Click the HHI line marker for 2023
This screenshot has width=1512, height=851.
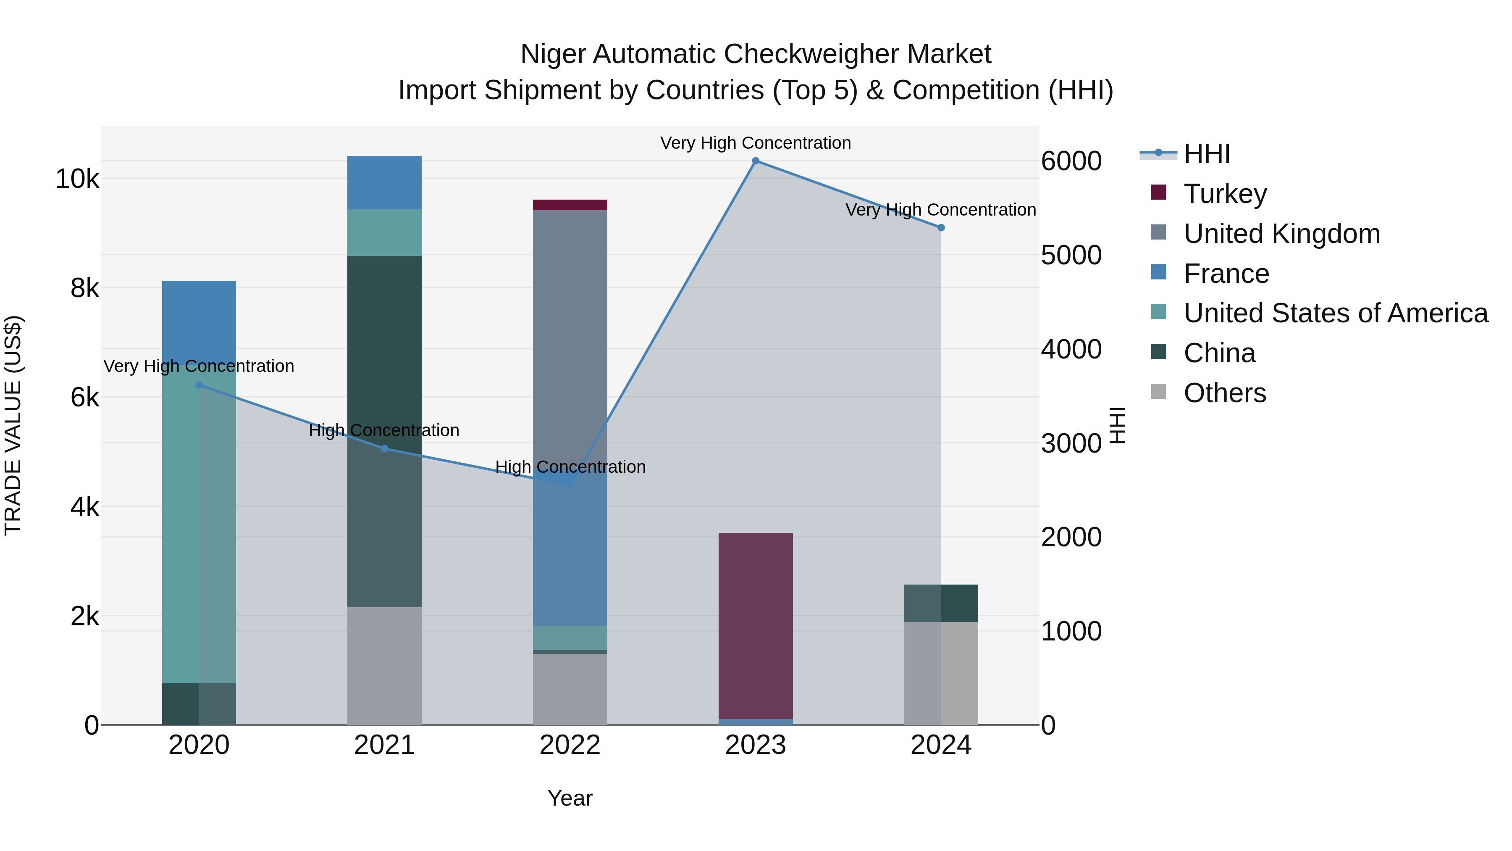coord(756,161)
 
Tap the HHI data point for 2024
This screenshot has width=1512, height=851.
coord(941,227)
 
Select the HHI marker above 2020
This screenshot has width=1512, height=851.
coord(199,385)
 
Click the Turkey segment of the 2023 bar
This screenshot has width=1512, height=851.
coord(756,625)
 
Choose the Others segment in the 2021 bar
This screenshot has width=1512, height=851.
coord(384,666)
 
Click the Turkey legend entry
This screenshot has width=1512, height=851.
coord(1225,194)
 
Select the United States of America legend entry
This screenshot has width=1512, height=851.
coord(1335,313)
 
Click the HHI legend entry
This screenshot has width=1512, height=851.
coord(1206,154)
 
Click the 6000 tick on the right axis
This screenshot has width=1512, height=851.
coord(1071,161)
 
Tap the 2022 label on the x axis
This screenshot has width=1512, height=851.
coord(570,745)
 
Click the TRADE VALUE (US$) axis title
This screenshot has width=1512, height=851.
coord(13,426)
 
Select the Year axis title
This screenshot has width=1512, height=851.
coord(570,798)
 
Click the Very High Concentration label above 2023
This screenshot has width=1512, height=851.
coord(756,143)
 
